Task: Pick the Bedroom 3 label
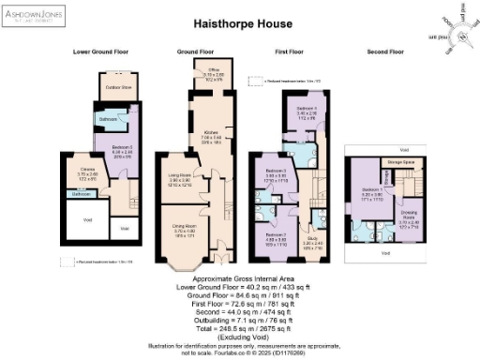click(274, 172)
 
